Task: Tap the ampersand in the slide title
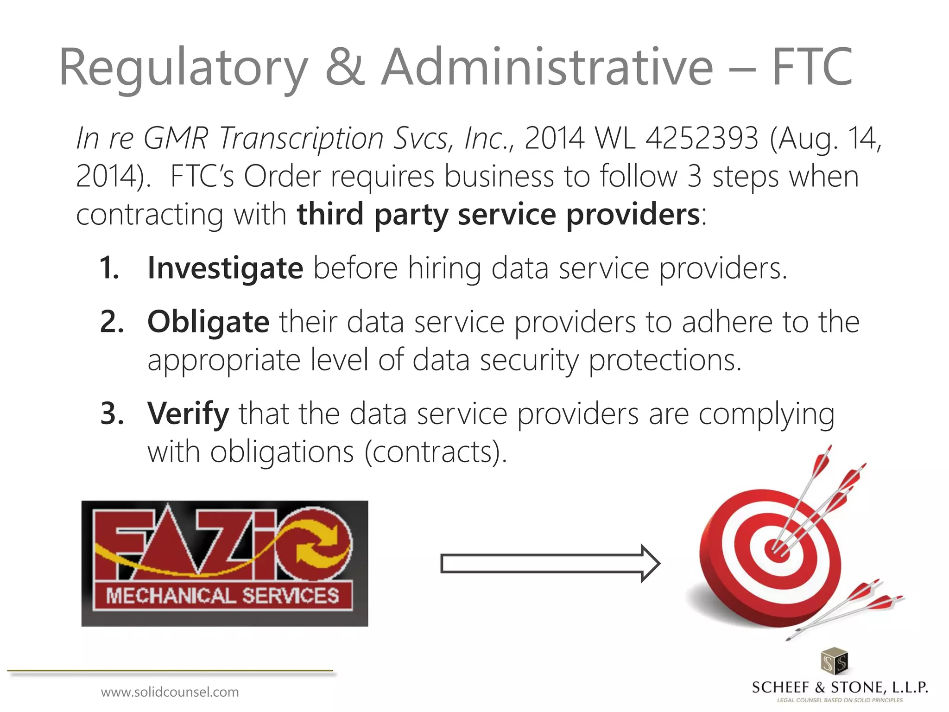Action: click(x=345, y=67)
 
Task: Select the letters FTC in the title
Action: click(x=812, y=67)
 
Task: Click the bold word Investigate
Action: click(x=225, y=268)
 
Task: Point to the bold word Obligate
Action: click(x=208, y=322)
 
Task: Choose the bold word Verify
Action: click(x=188, y=413)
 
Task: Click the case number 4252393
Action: click(x=702, y=138)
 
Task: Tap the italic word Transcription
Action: click(x=301, y=138)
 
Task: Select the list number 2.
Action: click(x=111, y=322)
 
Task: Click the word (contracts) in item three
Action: click(x=435, y=452)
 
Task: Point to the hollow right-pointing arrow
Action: click(x=550, y=564)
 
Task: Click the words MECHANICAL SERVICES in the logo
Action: click(x=222, y=596)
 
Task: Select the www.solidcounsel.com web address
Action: click(x=170, y=692)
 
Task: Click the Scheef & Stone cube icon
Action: click(x=834, y=661)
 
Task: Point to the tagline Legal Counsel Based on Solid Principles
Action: click(x=840, y=700)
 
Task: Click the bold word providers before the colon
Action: click(x=633, y=215)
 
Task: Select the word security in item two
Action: click(x=529, y=361)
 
